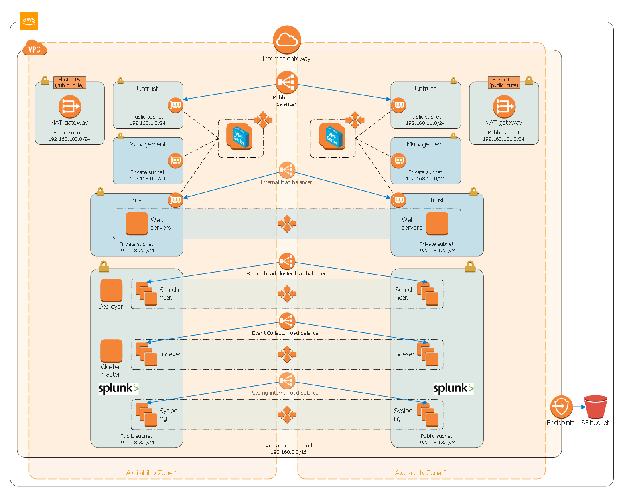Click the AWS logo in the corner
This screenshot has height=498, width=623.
[29, 21]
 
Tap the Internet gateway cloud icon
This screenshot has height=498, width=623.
[287, 40]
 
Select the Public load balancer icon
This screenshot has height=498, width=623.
[287, 82]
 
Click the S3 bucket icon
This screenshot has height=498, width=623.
[595, 407]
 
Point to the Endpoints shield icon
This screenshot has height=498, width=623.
[561, 407]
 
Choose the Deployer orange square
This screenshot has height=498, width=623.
[111, 290]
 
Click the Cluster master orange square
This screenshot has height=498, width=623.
[111, 350]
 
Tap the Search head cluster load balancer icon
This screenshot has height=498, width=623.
[287, 261]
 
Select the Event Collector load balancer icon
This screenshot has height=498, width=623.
[287, 321]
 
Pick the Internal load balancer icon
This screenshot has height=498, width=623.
[287, 170]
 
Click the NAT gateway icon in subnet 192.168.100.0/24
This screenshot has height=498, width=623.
[69, 106]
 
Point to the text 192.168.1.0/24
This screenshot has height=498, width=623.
[147, 123]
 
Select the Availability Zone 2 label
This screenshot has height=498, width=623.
[420, 473]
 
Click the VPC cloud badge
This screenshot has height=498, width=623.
[34, 47]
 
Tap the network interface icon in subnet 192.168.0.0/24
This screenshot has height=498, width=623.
[175, 160]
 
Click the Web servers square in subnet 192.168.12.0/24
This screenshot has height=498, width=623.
[437, 223]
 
